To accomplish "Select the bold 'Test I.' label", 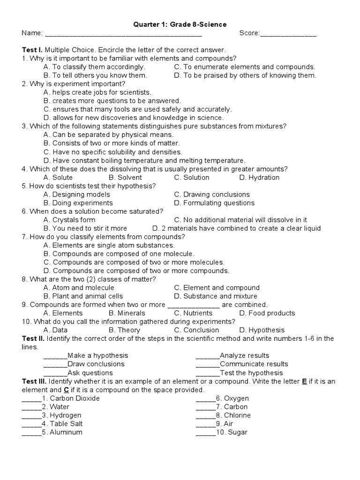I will coord(32,50).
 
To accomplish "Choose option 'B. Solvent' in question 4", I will coord(125,178).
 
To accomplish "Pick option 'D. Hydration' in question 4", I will coord(259,178).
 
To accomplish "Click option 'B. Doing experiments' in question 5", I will coord(78,203).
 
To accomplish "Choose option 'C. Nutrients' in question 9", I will coord(193,313).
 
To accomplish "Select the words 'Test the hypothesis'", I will coord(251,373).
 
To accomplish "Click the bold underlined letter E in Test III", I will coord(305,382).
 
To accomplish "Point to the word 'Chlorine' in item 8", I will coord(237,415).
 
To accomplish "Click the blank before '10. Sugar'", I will coord(206,433).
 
